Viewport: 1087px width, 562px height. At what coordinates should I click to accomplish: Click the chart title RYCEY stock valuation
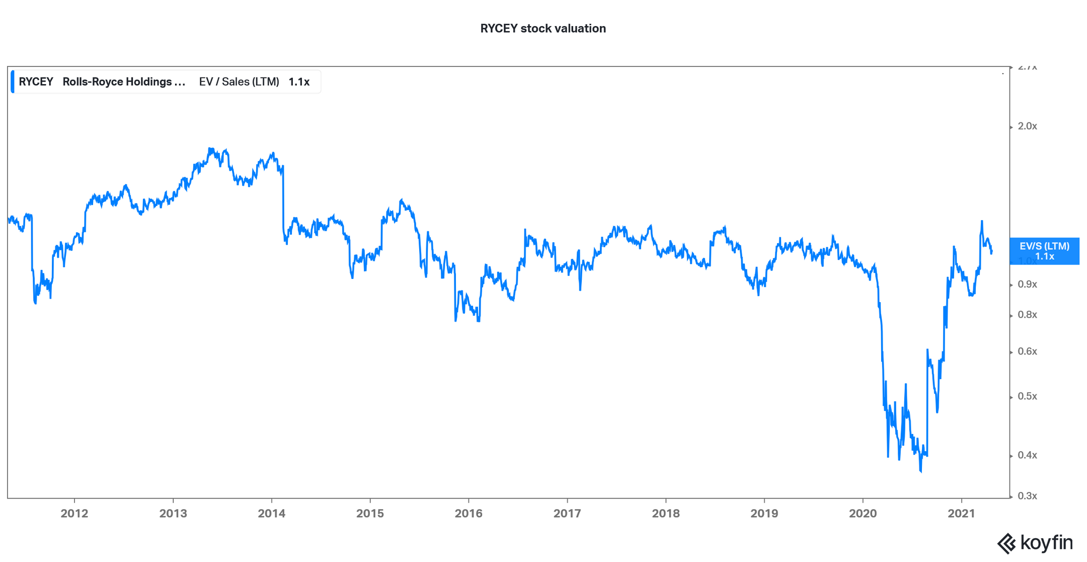tap(542, 29)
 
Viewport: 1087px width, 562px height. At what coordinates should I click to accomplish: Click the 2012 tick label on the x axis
tap(74, 513)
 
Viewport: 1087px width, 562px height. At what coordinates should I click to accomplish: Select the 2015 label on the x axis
tap(370, 513)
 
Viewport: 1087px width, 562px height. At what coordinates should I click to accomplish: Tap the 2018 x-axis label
tap(665, 513)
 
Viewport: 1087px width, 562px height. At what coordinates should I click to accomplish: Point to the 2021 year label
tap(961, 513)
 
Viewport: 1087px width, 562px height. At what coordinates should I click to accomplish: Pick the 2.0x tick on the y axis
tap(1027, 126)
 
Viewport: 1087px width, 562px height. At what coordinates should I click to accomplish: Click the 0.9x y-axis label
tap(1027, 285)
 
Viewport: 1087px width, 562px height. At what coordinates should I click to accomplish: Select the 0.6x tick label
tap(1027, 352)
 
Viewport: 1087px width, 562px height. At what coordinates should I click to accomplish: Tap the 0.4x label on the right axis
tap(1027, 455)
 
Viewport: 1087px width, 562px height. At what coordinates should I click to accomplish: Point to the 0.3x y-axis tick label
tap(1027, 496)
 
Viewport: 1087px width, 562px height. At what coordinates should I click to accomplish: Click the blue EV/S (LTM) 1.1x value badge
tap(1044, 251)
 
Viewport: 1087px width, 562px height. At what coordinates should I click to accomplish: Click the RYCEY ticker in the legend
tap(36, 82)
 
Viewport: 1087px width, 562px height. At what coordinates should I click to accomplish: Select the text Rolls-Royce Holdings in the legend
tap(124, 82)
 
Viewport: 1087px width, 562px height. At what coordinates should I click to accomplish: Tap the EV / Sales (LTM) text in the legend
tap(239, 82)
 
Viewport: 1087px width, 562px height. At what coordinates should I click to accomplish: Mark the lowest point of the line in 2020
tap(921, 472)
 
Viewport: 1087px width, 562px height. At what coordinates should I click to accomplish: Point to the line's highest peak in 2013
tap(210, 149)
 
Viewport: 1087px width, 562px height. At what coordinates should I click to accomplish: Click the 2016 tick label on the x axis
tap(469, 513)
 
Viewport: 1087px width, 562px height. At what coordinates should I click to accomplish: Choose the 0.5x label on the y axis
tap(1027, 396)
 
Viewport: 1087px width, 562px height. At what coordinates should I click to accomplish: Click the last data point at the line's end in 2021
tap(991, 252)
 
